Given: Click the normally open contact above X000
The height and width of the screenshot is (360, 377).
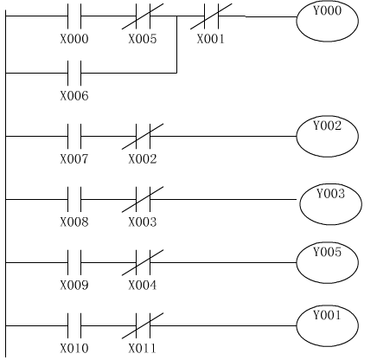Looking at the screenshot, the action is tap(74, 16).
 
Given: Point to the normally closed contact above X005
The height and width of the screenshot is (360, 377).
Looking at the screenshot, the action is tap(143, 16).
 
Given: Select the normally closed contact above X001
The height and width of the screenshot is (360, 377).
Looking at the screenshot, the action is tap(211, 16).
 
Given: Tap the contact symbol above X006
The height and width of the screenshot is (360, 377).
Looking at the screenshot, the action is tap(74, 73).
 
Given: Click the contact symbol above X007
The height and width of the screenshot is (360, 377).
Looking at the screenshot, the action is tap(74, 136).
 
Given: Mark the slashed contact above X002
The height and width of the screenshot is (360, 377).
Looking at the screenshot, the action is tap(143, 137).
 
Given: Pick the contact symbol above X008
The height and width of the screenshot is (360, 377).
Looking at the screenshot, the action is tap(74, 199).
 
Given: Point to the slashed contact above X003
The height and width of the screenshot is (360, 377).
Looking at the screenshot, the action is tap(143, 199).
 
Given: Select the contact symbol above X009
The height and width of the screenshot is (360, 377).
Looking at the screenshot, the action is tap(74, 262).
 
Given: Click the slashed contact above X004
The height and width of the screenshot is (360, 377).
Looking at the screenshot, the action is tap(143, 262).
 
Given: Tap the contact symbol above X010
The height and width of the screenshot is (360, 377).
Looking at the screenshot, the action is tap(74, 325).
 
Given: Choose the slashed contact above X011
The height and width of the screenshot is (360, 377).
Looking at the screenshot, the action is tap(143, 325).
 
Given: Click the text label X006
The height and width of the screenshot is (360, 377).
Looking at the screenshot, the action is tap(74, 95).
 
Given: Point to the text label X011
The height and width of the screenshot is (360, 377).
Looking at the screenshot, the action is tap(142, 348).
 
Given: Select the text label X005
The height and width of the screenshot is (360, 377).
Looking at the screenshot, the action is tap(143, 39).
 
